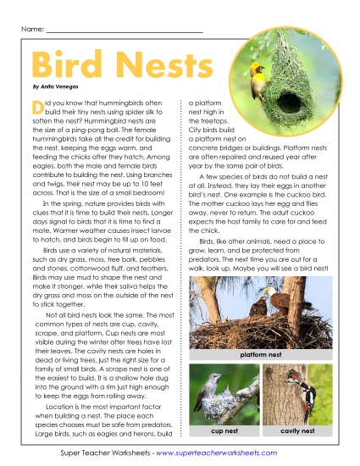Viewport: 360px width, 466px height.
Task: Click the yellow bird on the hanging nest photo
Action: click(x=258, y=67)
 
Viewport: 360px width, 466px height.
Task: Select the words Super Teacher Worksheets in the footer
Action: click(x=101, y=455)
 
